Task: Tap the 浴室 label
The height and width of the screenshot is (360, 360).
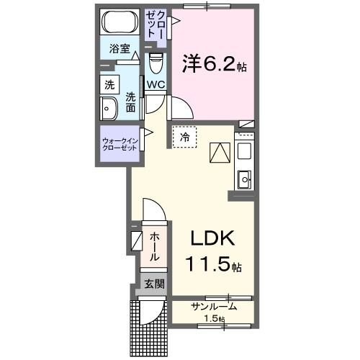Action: tap(120, 50)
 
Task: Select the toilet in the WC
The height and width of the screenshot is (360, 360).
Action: tap(155, 65)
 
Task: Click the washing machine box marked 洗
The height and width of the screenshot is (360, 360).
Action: tap(109, 84)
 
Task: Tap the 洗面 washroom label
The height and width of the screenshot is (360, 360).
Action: tap(130, 102)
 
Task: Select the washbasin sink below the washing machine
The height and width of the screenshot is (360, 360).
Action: tap(110, 109)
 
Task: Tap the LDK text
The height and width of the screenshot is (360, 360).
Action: tap(212, 239)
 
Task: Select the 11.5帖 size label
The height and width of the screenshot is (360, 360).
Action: tap(214, 266)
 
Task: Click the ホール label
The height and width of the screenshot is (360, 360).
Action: tap(155, 247)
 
